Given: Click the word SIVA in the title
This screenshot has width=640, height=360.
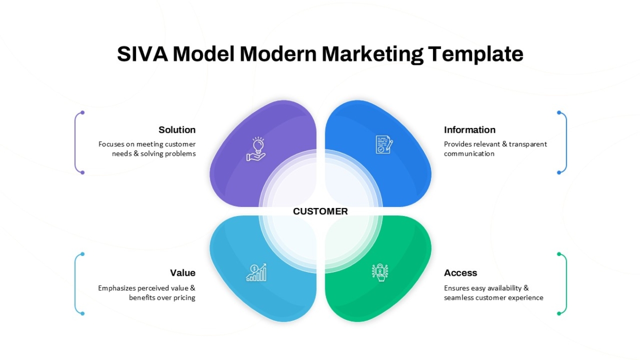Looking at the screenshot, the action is [x=142, y=54].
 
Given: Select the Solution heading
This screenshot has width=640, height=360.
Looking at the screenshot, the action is [x=177, y=130].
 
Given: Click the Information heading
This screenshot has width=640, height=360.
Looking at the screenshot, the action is [x=470, y=130].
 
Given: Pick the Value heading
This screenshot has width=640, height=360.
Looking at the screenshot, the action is [x=183, y=273].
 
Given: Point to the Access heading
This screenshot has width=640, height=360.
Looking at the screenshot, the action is [x=461, y=273].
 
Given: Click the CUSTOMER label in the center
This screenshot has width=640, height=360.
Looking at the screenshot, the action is [x=321, y=211].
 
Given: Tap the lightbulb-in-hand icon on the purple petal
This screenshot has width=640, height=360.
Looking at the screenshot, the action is [x=257, y=149].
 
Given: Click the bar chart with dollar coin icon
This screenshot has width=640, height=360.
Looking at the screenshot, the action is [x=257, y=273].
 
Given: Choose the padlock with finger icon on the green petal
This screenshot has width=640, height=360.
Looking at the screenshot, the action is [x=380, y=273].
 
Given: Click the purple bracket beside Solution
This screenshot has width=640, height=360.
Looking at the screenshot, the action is [x=75, y=142].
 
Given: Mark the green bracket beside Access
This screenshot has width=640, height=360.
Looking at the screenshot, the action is [x=566, y=284].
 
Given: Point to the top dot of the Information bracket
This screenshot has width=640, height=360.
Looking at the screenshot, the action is [x=559, y=113].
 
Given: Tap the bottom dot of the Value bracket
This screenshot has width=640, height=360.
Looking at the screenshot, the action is [x=83, y=314].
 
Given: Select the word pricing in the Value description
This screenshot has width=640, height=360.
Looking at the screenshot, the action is [x=185, y=298].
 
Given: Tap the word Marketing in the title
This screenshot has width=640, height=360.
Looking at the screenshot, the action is [x=373, y=54].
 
